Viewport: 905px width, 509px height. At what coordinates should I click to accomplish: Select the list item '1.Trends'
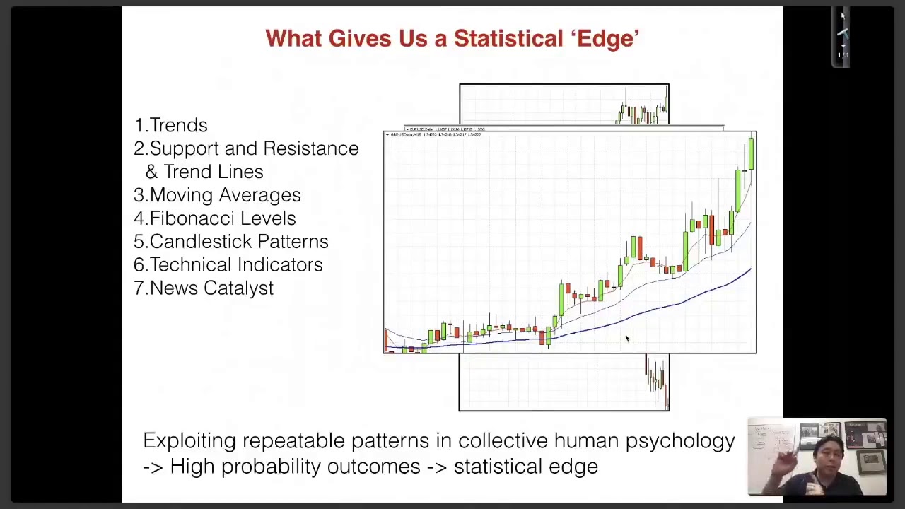pos(170,125)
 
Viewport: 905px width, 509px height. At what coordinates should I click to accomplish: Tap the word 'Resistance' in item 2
pos(311,148)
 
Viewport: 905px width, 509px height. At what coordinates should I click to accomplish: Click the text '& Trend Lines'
pos(204,172)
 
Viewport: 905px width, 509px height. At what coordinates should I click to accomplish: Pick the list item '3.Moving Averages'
pos(217,195)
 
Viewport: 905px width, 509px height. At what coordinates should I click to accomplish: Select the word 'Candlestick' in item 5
pos(191,242)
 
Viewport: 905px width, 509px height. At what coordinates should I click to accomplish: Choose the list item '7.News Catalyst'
pos(204,288)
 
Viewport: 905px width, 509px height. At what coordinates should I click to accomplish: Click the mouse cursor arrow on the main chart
pos(626,339)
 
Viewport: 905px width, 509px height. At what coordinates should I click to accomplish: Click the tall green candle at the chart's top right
pos(750,154)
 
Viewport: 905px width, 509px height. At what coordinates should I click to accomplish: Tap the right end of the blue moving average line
pos(749,271)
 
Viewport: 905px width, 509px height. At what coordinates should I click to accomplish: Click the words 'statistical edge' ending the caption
pos(525,467)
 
